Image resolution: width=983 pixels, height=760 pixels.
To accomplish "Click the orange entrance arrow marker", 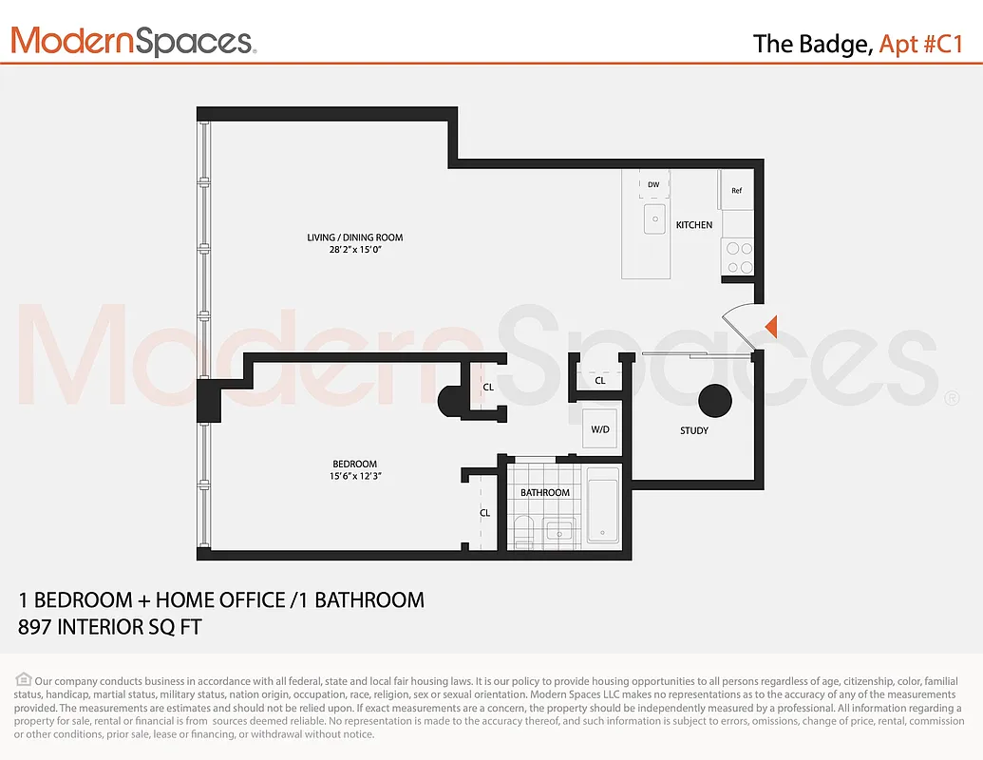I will [x=772, y=326].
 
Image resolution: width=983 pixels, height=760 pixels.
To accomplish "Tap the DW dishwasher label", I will [x=653, y=184].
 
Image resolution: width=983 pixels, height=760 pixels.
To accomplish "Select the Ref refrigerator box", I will [x=737, y=190].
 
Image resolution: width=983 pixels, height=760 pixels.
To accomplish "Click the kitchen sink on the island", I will [x=654, y=218].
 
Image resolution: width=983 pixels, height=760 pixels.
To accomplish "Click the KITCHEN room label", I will [x=694, y=225].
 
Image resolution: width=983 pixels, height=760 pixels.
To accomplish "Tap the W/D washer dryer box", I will [x=600, y=429].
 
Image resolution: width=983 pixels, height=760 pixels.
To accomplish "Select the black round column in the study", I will [x=715, y=402].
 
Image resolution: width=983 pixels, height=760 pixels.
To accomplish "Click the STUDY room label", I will [x=694, y=431].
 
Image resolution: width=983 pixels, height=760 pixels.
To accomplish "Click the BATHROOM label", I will [x=545, y=492].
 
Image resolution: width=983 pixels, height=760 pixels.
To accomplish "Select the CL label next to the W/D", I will [x=600, y=381].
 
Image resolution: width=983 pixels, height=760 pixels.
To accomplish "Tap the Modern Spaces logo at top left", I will [x=133, y=41].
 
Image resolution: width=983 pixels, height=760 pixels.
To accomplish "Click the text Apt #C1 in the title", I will [x=922, y=44].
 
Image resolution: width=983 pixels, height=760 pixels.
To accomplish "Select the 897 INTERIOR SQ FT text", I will [x=110, y=627].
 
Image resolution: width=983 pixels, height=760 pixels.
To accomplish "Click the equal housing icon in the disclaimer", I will [x=24, y=679].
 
